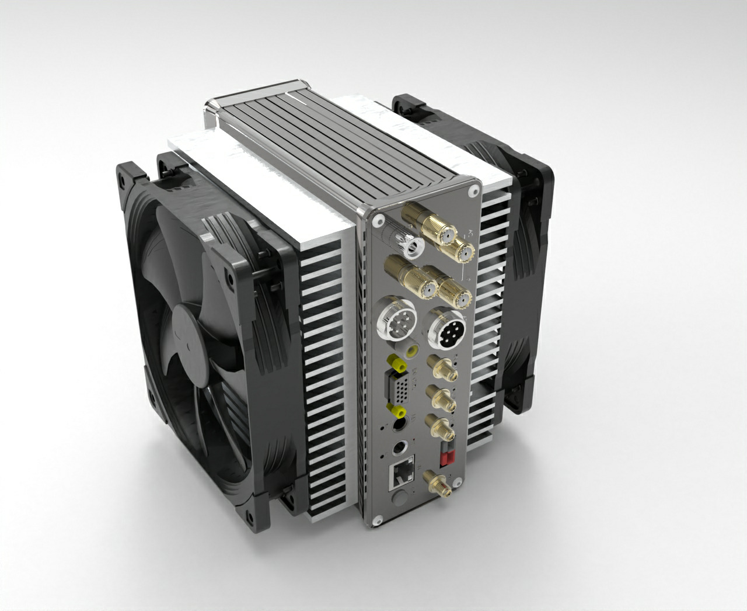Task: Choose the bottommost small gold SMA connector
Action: click(x=438, y=484)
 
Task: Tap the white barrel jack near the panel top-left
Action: click(x=411, y=245)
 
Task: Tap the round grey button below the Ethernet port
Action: click(x=401, y=497)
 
